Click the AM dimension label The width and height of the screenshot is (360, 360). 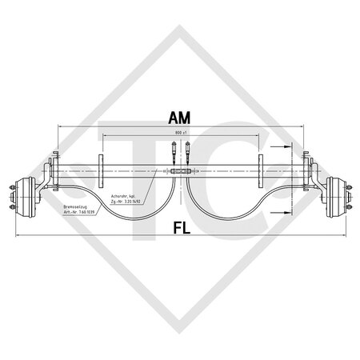(x=178, y=118)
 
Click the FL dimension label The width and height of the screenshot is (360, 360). (x=179, y=227)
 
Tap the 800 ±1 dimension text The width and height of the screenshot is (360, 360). (x=180, y=132)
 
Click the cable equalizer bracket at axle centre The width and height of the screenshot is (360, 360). (x=180, y=171)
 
